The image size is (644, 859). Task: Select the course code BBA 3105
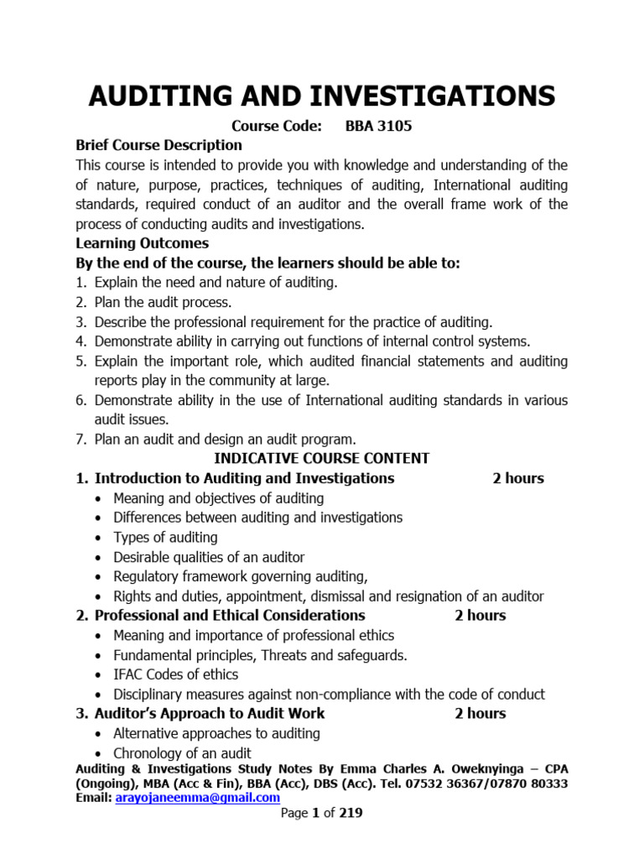(379, 126)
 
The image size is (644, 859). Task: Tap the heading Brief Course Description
(158, 144)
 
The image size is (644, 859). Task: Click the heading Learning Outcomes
(142, 243)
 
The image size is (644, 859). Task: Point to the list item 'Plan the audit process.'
(164, 302)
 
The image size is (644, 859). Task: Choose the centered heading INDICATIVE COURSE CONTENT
(322, 458)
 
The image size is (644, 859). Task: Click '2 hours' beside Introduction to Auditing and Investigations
(517, 478)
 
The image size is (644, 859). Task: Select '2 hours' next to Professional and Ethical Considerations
(480, 615)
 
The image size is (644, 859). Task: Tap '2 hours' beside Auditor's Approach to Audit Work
(480, 713)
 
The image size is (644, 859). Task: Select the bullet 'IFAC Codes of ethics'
(175, 674)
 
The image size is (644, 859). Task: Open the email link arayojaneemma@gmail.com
(197, 798)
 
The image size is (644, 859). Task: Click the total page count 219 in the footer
(351, 813)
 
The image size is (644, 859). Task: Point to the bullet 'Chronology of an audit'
(182, 753)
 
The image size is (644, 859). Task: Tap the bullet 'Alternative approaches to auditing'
(216, 733)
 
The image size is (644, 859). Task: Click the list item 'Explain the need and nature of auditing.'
(216, 282)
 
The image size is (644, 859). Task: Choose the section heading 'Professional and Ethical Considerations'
(230, 615)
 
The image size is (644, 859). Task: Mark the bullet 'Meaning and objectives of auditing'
(218, 498)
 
